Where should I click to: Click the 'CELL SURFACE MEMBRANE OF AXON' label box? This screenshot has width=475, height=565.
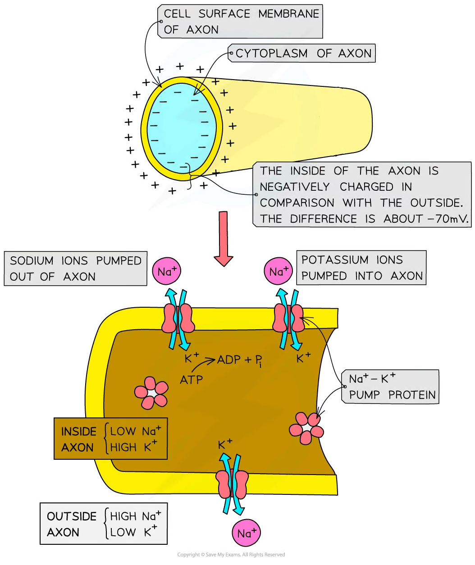pyautogui.click(x=241, y=22)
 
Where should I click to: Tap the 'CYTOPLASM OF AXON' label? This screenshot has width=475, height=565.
pyautogui.click(x=303, y=54)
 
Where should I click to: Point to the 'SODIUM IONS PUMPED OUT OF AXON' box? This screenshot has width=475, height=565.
pyautogui.click(x=76, y=269)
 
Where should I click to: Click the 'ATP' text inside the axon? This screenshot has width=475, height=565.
pyautogui.click(x=191, y=380)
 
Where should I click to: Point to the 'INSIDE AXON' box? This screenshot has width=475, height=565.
pyautogui.click(x=110, y=439)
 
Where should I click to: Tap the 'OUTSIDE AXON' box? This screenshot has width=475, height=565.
pyautogui.click(x=103, y=524)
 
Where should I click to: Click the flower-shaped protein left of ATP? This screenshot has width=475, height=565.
pyautogui.click(x=151, y=393)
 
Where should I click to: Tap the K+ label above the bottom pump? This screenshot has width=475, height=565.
pyautogui.click(x=225, y=444)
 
